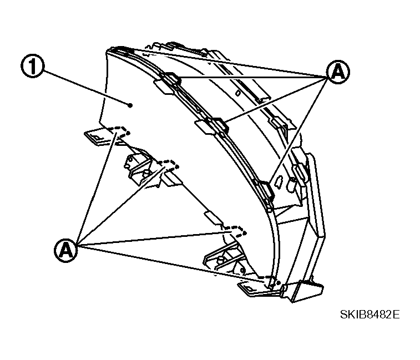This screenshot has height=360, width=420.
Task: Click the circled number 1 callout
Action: click(32, 66)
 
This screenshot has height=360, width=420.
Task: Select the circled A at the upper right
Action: click(338, 72)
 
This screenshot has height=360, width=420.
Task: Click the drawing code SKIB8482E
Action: click(370, 314)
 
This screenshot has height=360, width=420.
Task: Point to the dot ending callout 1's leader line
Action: click(130, 105)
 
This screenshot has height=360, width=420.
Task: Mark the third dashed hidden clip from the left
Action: click(236, 231)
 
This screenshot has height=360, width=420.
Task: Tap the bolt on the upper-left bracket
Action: click(146, 173)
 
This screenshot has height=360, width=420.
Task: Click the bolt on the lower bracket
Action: click(221, 259)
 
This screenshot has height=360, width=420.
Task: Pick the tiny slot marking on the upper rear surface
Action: click(238, 93)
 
